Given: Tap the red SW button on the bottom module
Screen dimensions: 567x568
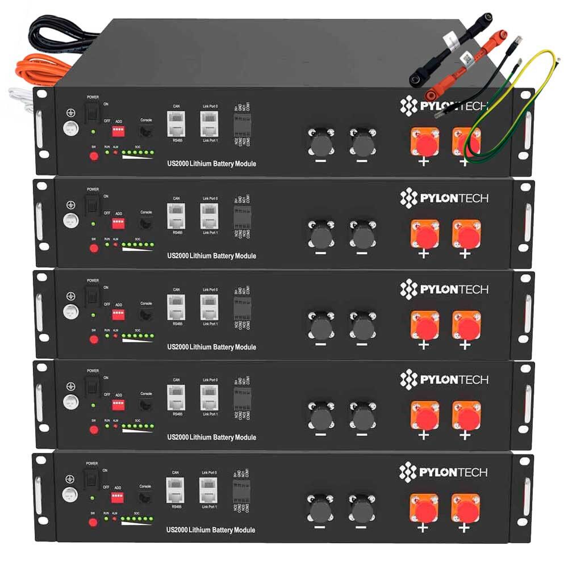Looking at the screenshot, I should point(94,522).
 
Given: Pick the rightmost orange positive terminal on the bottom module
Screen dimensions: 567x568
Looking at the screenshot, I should point(465,509).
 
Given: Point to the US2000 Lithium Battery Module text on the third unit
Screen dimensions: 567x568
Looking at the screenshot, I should point(211,347).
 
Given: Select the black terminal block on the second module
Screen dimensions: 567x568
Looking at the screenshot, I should point(243,216).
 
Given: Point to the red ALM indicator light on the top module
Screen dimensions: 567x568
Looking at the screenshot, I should point(115,154).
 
